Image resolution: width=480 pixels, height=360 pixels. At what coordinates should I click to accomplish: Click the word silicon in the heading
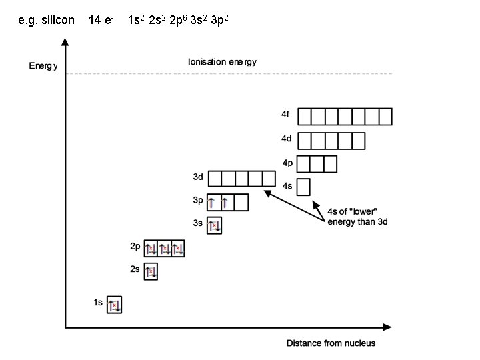point(58,21)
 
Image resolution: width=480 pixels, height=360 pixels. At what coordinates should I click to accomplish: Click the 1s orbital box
point(115,305)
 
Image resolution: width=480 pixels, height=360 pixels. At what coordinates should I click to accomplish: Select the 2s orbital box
point(151,271)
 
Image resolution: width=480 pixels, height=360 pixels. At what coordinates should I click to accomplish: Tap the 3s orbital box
point(214,225)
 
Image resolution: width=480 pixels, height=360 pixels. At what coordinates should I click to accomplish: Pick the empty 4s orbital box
point(303,187)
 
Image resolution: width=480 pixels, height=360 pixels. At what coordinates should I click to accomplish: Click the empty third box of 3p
point(241,202)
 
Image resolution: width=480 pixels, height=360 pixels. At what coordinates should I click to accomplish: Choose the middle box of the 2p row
point(164,249)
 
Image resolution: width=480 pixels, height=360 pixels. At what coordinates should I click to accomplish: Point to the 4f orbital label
point(285,114)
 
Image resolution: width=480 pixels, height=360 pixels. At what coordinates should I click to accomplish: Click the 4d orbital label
point(286,139)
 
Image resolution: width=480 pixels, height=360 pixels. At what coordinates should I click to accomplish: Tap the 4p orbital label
point(287,162)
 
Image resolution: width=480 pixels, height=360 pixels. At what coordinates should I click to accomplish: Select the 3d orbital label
point(198,177)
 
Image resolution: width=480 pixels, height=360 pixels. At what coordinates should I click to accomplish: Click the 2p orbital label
point(135,247)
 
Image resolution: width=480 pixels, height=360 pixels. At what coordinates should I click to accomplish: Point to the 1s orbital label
point(98,303)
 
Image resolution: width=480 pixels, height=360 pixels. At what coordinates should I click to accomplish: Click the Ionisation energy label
point(222,62)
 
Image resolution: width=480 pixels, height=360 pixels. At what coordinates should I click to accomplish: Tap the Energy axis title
point(43,65)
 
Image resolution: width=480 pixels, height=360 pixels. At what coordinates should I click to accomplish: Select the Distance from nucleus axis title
point(331,343)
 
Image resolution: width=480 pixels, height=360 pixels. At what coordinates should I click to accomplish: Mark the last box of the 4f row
point(385,117)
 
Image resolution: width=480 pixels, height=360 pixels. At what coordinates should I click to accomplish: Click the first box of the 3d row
point(215,179)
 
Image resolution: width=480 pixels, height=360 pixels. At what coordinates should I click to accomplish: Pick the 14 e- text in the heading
point(103,21)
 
